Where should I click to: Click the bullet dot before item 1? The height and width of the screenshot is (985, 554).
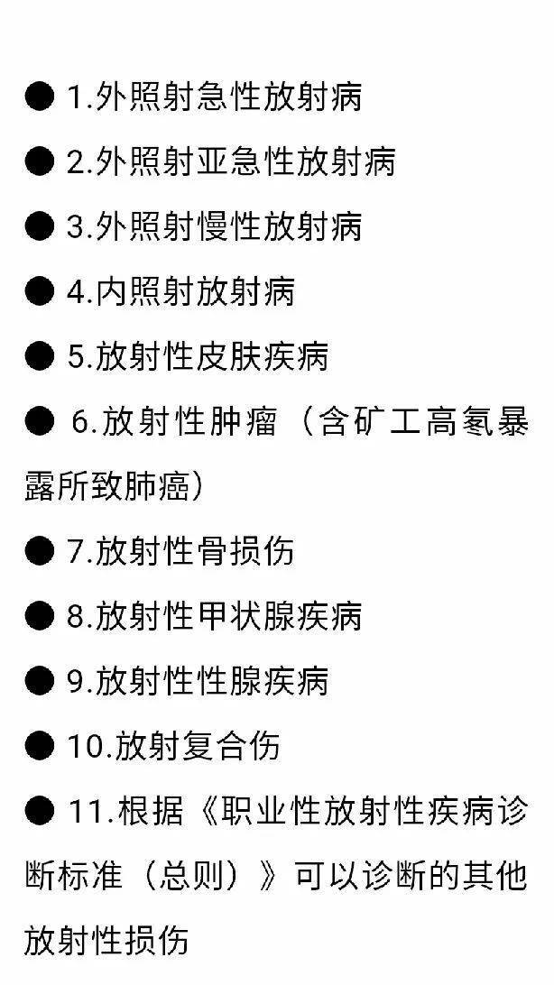tap(40, 97)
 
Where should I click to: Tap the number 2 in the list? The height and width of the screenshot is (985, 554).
tap(76, 161)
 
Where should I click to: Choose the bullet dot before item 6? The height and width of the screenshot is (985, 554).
tap(40, 422)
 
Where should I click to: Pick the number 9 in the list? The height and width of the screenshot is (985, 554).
tap(76, 682)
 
